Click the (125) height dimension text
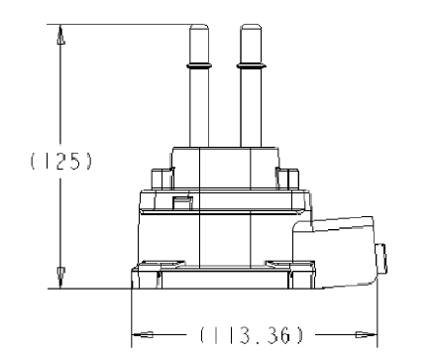coord(60,161)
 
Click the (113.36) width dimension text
coord(251,334)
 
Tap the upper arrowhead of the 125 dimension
coord(60,35)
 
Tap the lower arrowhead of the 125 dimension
coord(60,278)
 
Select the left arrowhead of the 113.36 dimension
coord(143,334)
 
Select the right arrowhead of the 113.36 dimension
coord(367,334)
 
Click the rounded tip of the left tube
coord(199,27)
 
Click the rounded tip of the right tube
coord(251,27)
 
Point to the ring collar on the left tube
coord(199,66)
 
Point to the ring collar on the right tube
coord(252,66)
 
